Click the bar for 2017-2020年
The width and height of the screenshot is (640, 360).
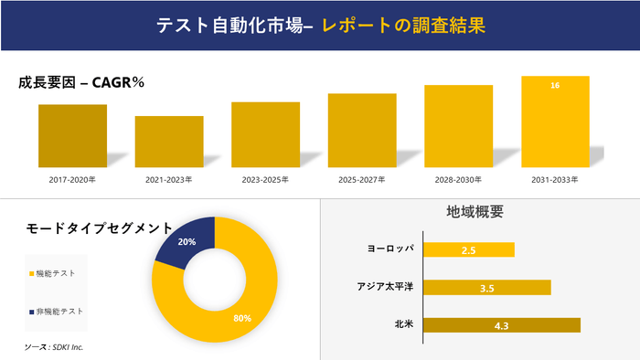click(72, 135)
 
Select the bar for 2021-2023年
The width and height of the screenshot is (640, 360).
click(169, 142)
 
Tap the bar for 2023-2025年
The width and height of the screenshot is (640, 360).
click(265, 134)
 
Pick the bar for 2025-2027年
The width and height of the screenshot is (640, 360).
click(362, 130)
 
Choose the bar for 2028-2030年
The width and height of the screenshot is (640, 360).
click(458, 126)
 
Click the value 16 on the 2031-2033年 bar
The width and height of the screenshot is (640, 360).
click(555, 85)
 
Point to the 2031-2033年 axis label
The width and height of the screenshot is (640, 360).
click(555, 180)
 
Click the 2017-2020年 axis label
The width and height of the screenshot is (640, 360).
click(72, 180)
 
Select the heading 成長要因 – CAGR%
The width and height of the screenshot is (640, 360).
click(81, 82)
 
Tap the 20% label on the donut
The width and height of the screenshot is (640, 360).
click(187, 242)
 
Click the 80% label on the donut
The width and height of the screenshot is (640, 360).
click(241, 318)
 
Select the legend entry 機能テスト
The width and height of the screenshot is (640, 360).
click(57, 273)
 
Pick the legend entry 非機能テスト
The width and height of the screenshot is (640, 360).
click(59, 311)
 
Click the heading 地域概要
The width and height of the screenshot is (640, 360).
click(475, 212)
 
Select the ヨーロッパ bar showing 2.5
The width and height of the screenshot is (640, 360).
click(470, 249)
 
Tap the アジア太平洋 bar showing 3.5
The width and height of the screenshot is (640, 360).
click(488, 288)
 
